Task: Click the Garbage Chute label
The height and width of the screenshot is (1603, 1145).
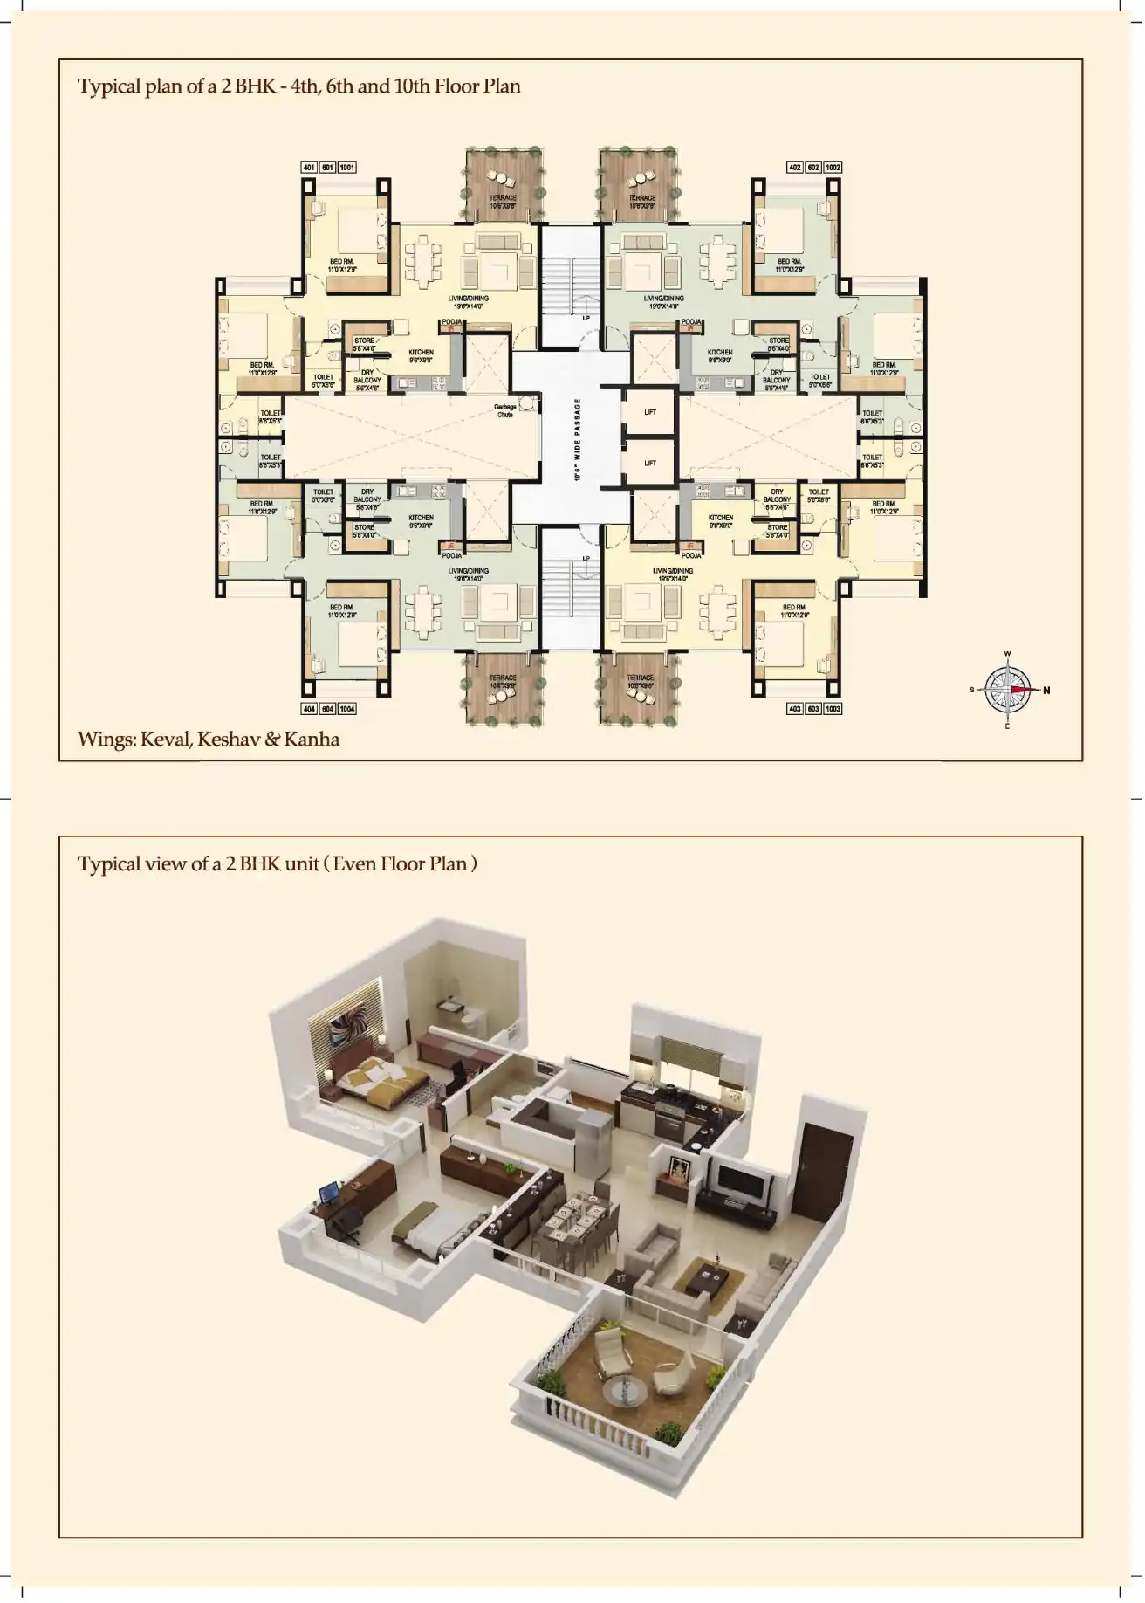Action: [x=504, y=410]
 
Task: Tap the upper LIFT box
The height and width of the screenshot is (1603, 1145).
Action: [x=649, y=411]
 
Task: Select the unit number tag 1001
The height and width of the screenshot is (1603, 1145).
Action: [x=347, y=167]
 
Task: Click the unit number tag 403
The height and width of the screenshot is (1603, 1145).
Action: [x=794, y=709]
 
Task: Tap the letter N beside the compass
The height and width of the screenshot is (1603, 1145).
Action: [x=1046, y=691]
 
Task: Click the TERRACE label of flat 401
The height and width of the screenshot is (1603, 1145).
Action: [x=503, y=198]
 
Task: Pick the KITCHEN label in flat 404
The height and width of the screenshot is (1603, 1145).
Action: [x=421, y=518]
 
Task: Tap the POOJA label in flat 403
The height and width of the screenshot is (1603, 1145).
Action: [x=691, y=555]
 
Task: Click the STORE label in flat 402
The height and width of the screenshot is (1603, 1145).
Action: [x=778, y=341]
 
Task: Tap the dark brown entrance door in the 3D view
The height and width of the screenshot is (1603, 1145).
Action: [x=818, y=1173]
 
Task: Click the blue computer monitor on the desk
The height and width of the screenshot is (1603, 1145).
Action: [x=329, y=1194]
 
